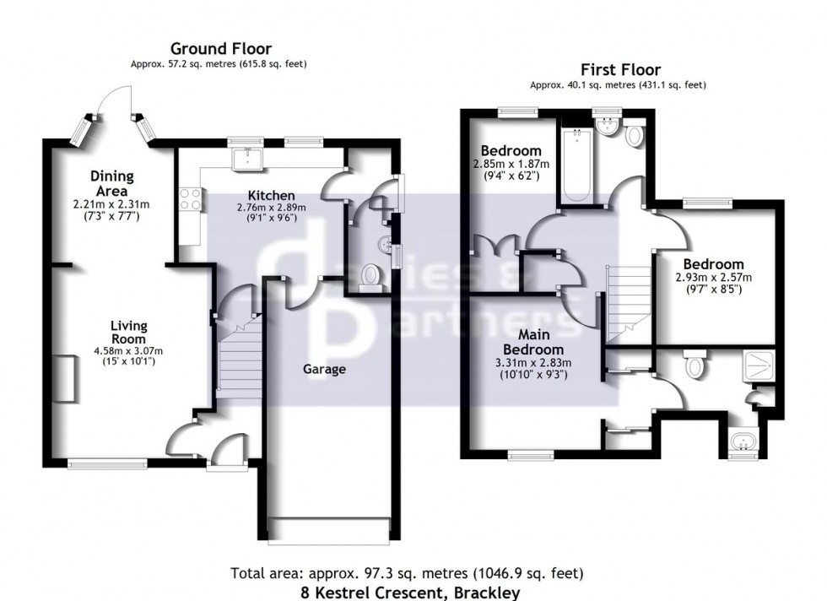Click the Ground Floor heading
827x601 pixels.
221,49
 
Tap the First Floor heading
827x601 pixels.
619,70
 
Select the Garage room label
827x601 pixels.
324,369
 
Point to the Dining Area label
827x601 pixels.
112,182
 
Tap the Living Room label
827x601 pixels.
129,332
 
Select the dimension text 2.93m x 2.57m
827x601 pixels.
713,277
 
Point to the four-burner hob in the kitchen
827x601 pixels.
191,199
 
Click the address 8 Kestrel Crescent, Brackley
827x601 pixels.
411,592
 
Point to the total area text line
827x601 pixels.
408,574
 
